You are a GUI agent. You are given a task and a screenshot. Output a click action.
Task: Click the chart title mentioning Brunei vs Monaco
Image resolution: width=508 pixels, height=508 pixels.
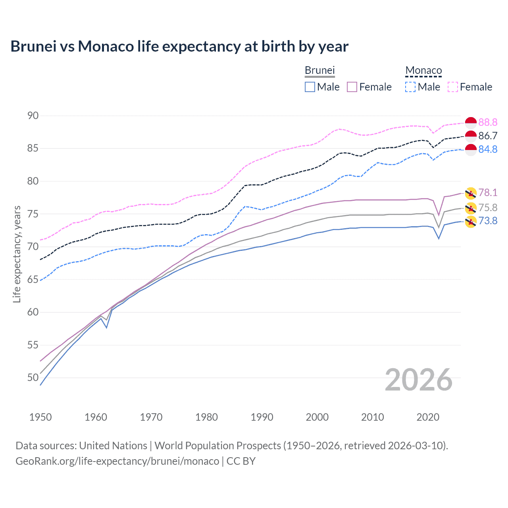pos(179,46)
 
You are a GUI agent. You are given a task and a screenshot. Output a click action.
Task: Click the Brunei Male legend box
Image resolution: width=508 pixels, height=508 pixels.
pos(310,87)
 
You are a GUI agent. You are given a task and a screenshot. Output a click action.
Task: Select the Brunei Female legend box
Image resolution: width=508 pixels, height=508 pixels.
pos(352,87)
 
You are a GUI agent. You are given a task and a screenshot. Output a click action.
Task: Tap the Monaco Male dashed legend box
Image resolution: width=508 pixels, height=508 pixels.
pos(410,87)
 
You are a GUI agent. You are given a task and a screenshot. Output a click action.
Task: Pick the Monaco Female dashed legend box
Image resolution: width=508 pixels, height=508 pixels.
pos(453,87)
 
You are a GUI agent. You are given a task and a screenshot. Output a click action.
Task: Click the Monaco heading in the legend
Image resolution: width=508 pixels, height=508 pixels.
pos(423,71)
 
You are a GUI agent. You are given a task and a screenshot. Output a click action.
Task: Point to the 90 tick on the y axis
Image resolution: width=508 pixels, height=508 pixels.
pos(33,115)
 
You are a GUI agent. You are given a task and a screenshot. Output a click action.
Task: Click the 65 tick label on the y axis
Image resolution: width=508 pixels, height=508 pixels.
pos(33,279)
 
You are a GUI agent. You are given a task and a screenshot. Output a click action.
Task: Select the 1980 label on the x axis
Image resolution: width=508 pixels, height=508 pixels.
pos(206,417)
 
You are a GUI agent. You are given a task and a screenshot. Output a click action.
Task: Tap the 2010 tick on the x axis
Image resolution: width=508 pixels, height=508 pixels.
pos(372,417)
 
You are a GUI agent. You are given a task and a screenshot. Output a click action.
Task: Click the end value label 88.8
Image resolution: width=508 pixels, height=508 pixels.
pos(488,122)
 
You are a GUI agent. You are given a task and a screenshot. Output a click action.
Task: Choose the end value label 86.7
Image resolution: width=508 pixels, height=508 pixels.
pos(488,136)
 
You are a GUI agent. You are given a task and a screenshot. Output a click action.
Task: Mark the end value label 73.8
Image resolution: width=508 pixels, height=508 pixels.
pos(488,221)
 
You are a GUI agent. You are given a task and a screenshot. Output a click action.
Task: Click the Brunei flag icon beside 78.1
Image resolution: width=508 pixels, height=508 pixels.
pos(471,193)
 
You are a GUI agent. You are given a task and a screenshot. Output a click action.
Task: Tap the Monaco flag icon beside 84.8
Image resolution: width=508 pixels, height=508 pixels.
pos(471,150)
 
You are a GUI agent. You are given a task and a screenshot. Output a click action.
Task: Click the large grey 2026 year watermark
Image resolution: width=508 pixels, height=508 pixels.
pos(419,380)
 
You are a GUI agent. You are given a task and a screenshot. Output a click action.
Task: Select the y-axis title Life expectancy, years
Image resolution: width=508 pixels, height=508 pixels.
pos(17,254)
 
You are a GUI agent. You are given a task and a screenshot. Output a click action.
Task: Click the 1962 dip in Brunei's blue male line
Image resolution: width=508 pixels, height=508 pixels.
pos(106,327)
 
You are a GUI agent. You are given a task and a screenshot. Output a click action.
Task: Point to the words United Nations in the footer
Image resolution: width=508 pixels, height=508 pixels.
pos(113,446)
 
